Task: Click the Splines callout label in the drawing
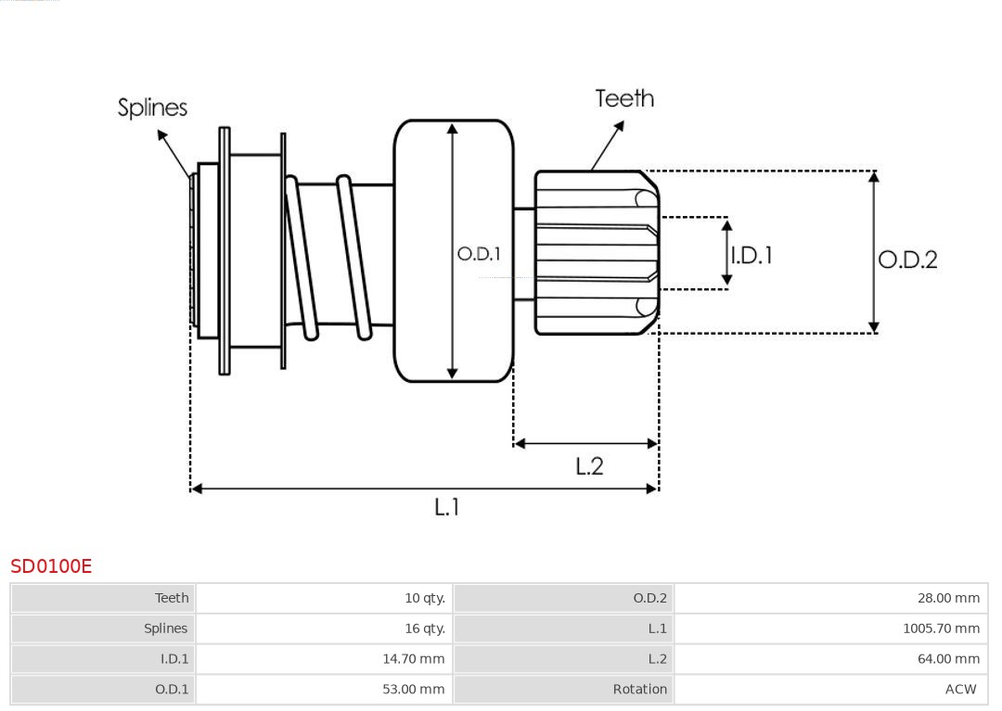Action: (x=152, y=108)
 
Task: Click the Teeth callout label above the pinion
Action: (x=624, y=98)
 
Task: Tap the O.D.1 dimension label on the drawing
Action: (x=479, y=254)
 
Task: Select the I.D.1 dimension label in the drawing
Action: (x=751, y=255)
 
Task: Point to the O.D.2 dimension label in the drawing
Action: (x=907, y=260)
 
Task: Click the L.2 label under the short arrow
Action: (x=589, y=465)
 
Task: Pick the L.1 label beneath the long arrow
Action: (x=447, y=506)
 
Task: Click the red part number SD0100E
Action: (x=51, y=565)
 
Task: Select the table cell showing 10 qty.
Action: (x=425, y=598)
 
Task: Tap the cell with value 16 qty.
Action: (x=425, y=628)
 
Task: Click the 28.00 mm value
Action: (x=948, y=598)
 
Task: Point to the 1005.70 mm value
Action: (x=941, y=628)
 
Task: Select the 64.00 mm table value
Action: (x=948, y=659)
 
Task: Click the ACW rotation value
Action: (x=960, y=689)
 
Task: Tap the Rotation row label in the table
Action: (x=639, y=689)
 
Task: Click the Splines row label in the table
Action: (x=165, y=628)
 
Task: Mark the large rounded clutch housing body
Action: (x=454, y=185)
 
